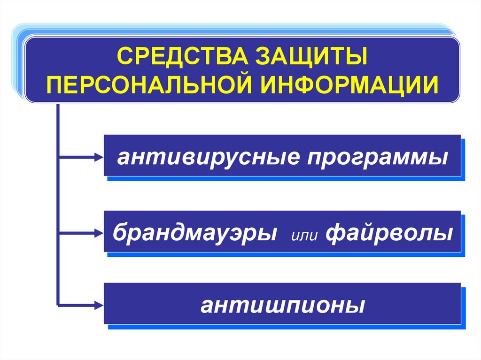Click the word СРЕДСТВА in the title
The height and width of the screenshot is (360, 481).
coord(179,57)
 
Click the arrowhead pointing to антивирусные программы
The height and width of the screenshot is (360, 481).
coord(98,157)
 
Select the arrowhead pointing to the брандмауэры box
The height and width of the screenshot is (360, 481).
coord(98,231)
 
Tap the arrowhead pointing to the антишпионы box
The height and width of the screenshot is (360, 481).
coord(98,305)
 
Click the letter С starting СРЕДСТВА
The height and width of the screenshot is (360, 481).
coord(124,57)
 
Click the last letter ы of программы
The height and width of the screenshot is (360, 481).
coord(440,158)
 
